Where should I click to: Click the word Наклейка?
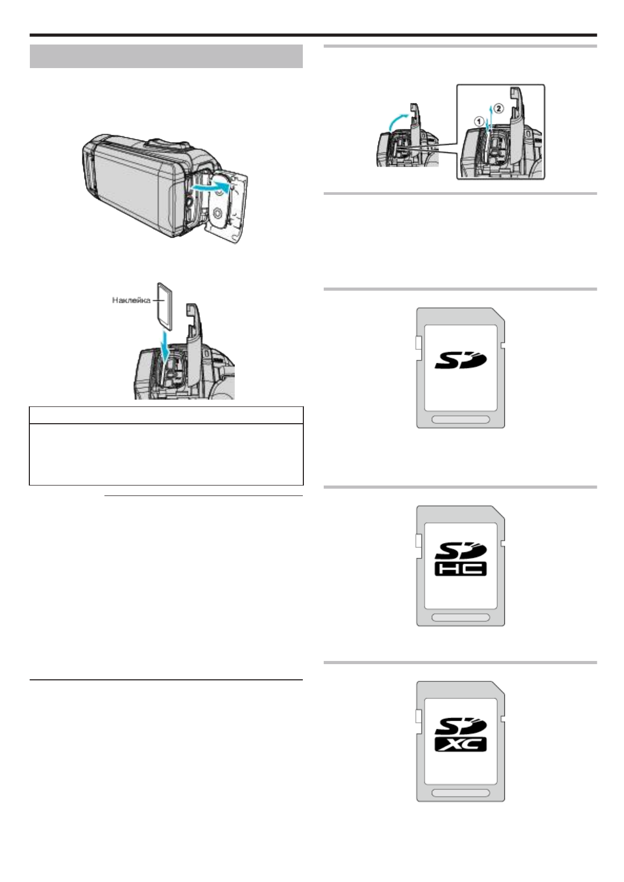point(132,300)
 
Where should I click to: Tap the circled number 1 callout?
point(477,120)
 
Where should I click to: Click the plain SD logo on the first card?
point(461,361)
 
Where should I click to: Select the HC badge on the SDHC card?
point(461,569)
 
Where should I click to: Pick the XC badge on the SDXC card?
point(461,744)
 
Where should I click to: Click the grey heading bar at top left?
point(166,57)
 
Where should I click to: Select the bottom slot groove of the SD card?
point(461,420)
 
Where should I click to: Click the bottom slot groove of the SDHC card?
point(461,618)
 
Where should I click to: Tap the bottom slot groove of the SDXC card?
point(461,793)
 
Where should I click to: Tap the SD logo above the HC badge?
point(461,550)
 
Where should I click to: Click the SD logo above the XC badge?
point(461,726)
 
